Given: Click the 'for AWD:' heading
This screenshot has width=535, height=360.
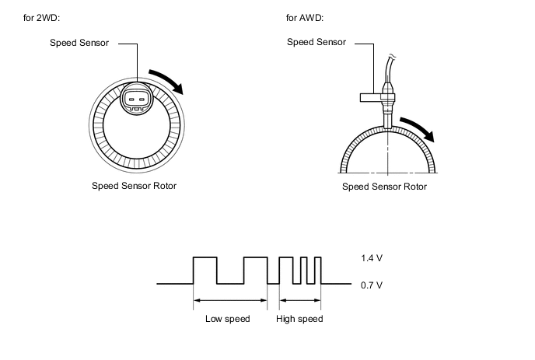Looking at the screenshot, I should click(306, 17).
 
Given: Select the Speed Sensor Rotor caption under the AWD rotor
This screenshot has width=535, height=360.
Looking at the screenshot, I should click(384, 187).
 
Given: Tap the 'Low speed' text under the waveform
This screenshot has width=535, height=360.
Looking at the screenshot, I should click(227, 319).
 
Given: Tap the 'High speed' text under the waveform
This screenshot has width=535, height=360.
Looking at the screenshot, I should click(299, 319).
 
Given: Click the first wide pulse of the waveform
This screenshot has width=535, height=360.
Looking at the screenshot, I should click(205, 269).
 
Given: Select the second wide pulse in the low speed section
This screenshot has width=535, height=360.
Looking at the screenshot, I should click(255, 269).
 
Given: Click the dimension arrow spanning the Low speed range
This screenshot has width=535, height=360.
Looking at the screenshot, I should click(230, 300).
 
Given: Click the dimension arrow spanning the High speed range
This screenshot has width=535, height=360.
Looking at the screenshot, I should click(299, 300).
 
